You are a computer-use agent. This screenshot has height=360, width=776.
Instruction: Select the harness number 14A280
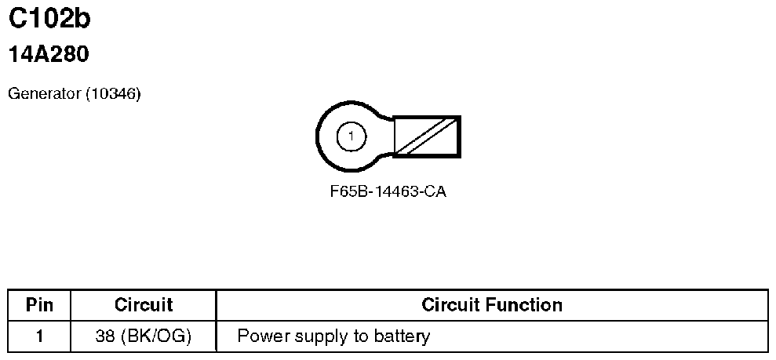tap(48, 55)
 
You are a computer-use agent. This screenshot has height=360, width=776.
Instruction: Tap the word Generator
tap(44, 94)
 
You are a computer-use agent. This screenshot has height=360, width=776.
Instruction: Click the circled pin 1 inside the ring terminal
tap(351, 137)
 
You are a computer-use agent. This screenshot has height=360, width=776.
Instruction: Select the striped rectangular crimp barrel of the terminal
tap(426, 136)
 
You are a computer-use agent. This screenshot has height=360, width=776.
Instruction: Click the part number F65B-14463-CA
tap(388, 192)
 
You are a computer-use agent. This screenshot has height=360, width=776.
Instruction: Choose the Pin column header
tap(39, 304)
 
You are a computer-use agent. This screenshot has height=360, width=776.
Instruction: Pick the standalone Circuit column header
tap(143, 304)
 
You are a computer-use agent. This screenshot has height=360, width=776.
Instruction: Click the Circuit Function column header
tap(491, 304)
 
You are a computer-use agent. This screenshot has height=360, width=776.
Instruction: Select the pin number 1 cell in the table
tap(39, 337)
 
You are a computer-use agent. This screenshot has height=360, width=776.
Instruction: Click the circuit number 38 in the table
tap(102, 337)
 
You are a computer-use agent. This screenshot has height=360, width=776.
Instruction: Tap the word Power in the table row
tap(258, 337)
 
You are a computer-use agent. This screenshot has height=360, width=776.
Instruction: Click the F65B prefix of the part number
tap(346, 192)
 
